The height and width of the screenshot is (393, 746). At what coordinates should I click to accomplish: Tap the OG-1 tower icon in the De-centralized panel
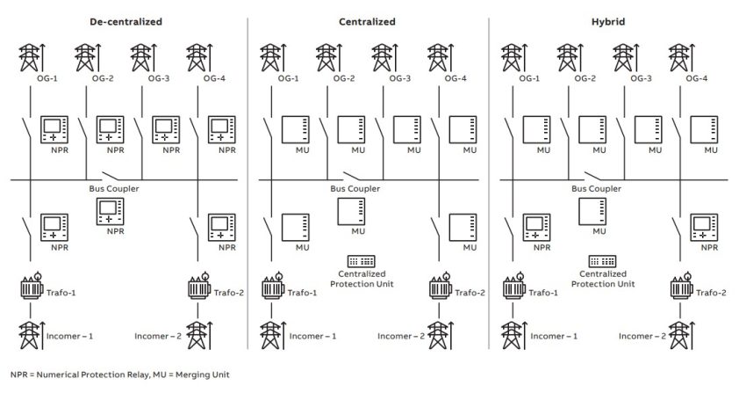[29, 57]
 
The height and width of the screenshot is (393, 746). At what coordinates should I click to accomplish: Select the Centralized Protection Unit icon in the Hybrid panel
[601, 262]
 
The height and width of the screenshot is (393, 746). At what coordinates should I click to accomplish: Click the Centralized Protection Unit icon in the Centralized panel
[361, 262]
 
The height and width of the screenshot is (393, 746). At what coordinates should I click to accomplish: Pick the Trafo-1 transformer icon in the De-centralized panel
[32, 288]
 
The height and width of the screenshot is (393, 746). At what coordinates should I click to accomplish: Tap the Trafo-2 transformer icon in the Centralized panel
[437, 288]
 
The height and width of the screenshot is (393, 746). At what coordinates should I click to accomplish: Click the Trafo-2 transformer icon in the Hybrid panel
[678, 288]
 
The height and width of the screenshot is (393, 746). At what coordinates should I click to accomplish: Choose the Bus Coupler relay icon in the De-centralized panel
[111, 212]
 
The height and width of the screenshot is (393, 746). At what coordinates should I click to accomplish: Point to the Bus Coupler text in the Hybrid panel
[594, 189]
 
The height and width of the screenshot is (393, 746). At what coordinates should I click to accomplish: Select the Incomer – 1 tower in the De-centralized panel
[30, 337]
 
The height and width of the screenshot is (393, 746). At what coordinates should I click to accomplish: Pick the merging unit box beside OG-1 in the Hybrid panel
[537, 130]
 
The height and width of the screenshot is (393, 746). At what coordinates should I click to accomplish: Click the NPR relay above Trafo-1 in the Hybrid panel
[537, 228]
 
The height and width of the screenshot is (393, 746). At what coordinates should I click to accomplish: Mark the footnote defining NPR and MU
[120, 375]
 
